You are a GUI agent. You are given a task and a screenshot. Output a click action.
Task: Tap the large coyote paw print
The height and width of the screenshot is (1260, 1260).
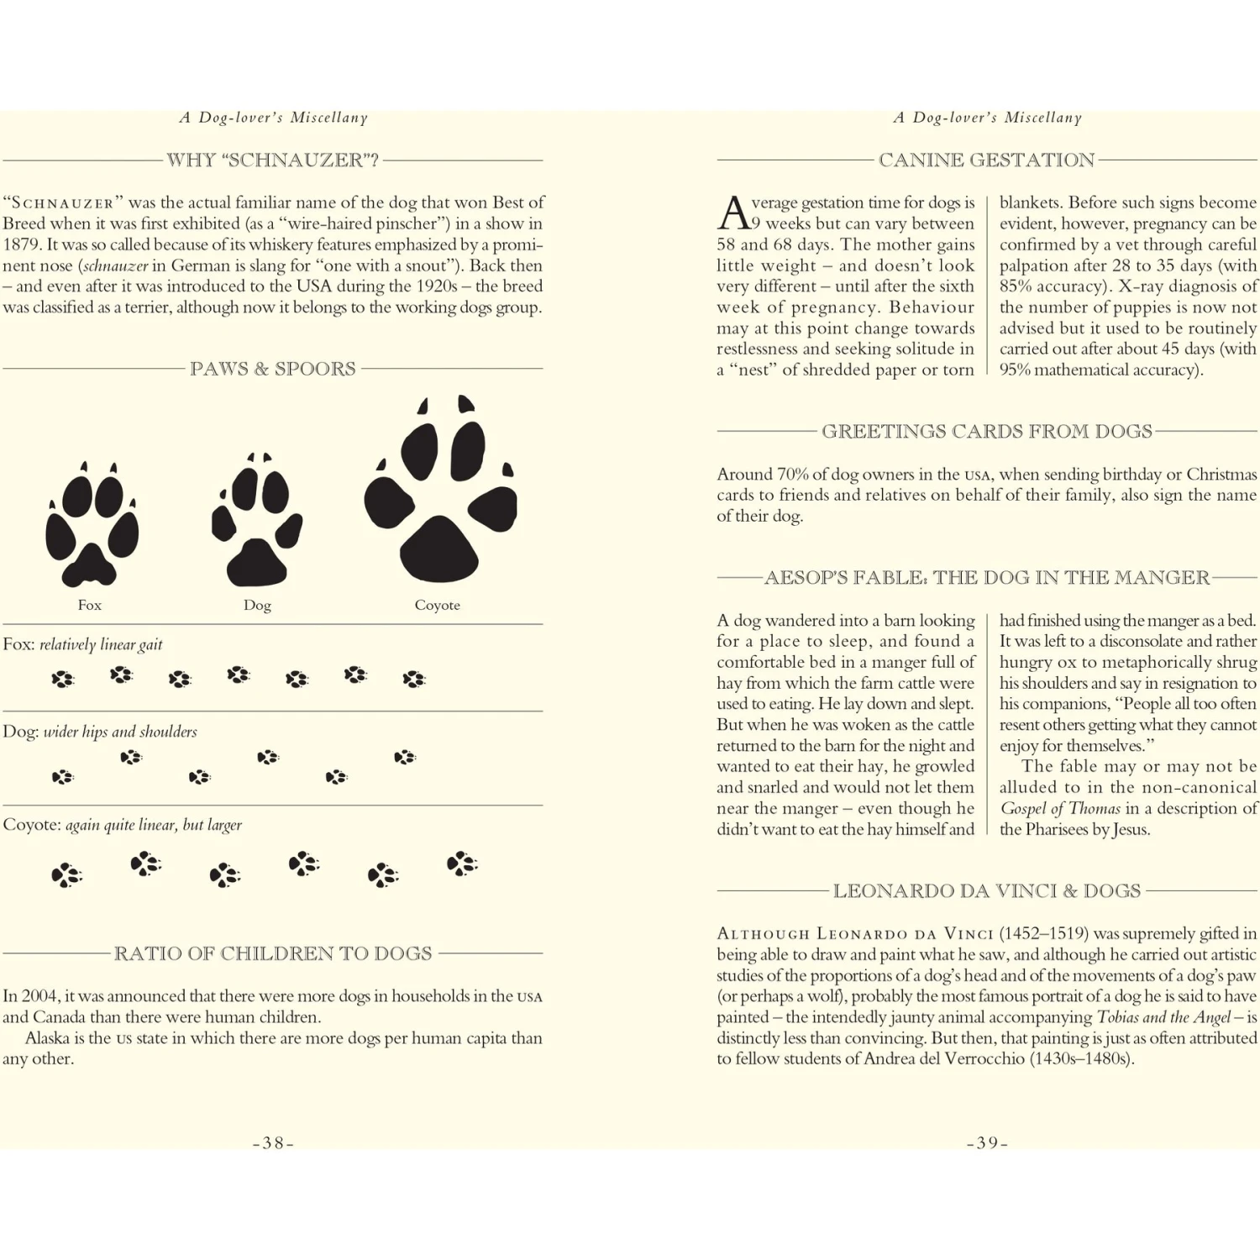click(440, 491)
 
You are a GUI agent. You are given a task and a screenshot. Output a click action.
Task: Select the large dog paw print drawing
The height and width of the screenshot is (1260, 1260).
click(257, 521)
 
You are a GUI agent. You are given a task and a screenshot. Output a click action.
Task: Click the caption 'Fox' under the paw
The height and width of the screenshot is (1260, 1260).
click(90, 605)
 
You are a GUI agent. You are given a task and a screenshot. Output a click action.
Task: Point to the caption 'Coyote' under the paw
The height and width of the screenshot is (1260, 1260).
click(437, 605)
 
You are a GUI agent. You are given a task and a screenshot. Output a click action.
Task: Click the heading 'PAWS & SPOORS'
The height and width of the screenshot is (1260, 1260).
click(273, 369)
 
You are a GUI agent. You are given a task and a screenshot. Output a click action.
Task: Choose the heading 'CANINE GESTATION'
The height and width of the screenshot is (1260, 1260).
click(987, 160)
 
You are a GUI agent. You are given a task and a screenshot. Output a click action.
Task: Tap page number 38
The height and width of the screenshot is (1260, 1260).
click(273, 1143)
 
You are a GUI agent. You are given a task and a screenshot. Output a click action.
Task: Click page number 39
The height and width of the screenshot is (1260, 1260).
click(987, 1143)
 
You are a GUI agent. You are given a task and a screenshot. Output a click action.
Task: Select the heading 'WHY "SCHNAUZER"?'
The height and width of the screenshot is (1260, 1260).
click(273, 160)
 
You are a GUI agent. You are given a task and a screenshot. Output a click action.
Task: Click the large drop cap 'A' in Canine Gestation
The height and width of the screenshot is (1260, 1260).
click(733, 213)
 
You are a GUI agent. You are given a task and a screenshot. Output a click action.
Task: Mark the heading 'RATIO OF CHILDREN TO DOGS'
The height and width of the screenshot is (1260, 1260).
click(273, 953)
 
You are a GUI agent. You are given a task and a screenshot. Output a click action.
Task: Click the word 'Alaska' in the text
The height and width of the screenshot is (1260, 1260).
click(47, 1038)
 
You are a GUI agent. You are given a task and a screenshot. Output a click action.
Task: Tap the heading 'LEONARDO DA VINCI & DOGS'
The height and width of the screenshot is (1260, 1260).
click(987, 890)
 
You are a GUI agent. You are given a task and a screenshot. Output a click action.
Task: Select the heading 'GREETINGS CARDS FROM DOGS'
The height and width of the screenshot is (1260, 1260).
click(987, 431)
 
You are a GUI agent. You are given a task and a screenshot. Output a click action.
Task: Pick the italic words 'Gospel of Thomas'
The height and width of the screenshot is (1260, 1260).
click(1060, 809)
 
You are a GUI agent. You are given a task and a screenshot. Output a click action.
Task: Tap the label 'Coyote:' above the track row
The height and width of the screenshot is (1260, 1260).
click(31, 825)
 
